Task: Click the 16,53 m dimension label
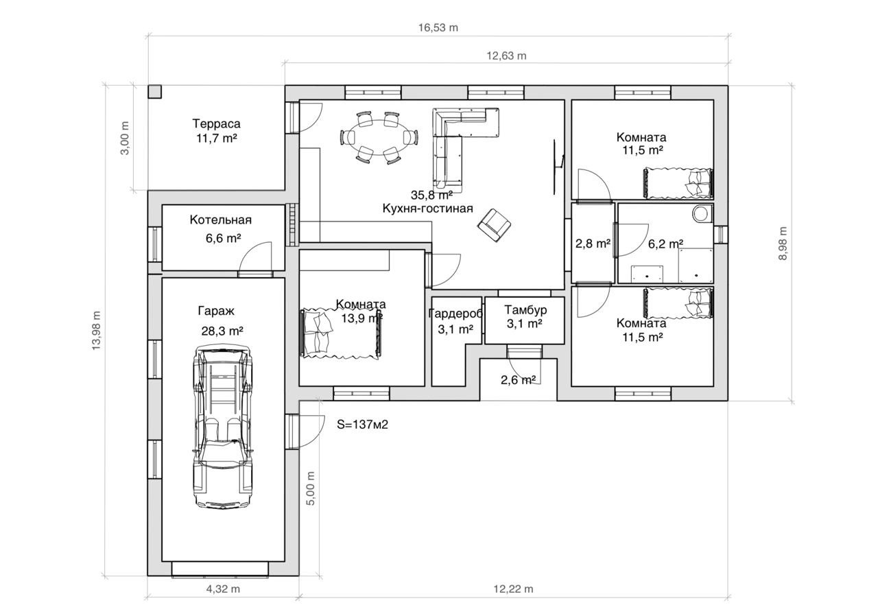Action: click(x=438, y=27)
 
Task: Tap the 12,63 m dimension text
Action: click(x=506, y=56)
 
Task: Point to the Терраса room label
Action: click(x=216, y=123)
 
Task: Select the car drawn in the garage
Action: click(x=223, y=427)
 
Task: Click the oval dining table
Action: click(x=379, y=138)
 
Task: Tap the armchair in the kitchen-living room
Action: click(x=494, y=225)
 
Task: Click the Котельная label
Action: click(x=220, y=220)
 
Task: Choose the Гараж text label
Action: click(x=216, y=311)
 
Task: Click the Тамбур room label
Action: click(x=525, y=310)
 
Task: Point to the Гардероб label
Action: click(x=455, y=314)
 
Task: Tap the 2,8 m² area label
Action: click(x=593, y=244)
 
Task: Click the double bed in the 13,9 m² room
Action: click(x=341, y=333)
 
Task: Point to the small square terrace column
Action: click(x=154, y=92)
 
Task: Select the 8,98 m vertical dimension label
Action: click(x=783, y=243)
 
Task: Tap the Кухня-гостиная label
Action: click(x=427, y=208)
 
